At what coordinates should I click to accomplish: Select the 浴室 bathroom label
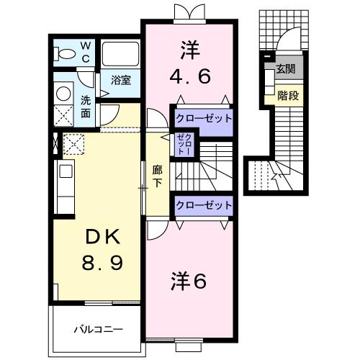pyautogui.click(x=121, y=81)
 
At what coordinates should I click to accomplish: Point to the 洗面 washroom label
pyautogui.click(x=85, y=107)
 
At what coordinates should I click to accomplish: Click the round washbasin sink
pyautogui.click(x=63, y=93)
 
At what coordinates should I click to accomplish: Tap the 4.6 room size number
pyautogui.click(x=189, y=76)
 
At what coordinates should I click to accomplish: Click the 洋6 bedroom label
pyautogui.click(x=189, y=281)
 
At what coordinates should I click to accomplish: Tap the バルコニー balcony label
pyautogui.click(x=98, y=329)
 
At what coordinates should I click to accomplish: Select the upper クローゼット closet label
pyautogui.click(x=204, y=117)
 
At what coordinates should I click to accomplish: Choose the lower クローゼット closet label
pyautogui.click(x=204, y=205)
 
